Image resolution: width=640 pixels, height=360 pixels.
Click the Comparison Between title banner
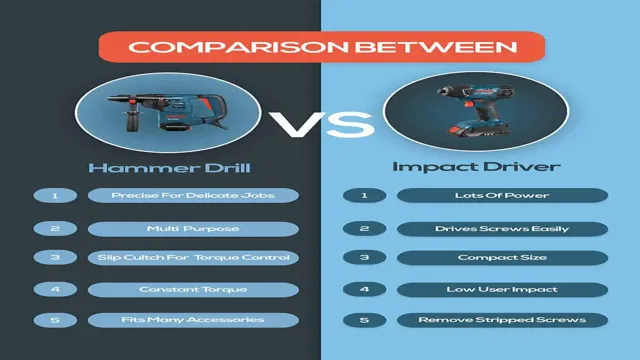click(x=320, y=47)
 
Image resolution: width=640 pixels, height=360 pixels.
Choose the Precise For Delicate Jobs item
click(x=193, y=195)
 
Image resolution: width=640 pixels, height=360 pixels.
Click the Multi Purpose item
click(x=193, y=228)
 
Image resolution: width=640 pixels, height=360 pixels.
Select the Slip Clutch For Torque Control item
click(x=193, y=259)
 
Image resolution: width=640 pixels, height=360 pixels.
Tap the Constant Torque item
click(x=193, y=290)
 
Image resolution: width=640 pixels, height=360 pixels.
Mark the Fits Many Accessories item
click(x=193, y=321)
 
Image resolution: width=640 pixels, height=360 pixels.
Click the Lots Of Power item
click(x=503, y=195)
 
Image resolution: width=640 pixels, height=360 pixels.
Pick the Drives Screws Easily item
click(x=503, y=228)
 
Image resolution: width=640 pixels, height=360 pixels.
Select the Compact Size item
click(x=503, y=259)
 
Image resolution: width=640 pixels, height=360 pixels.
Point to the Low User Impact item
click(x=503, y=290)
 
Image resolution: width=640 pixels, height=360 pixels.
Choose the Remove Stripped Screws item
click(x=503, y=321)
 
